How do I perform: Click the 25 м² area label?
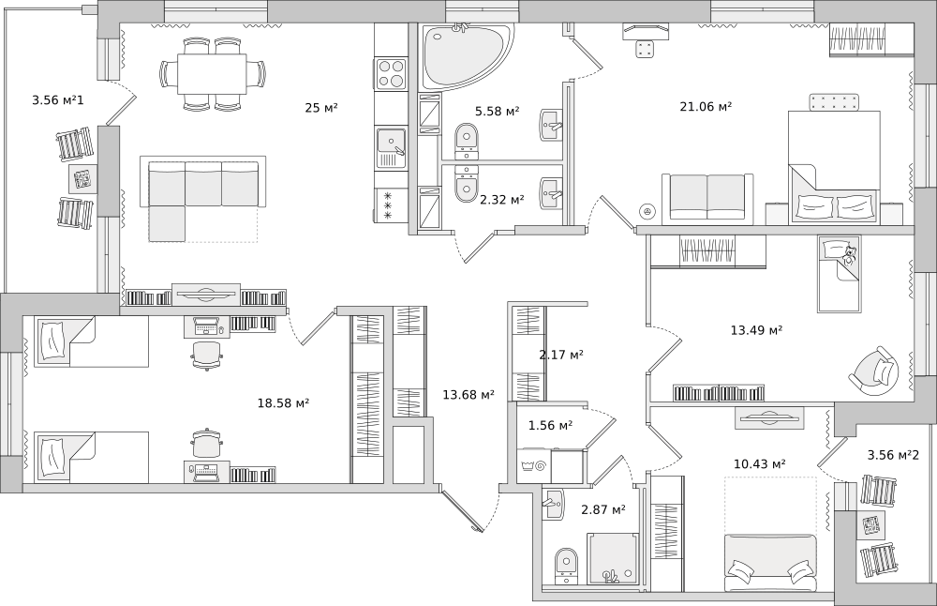tap(321, 108)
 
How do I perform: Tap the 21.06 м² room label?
tap(706, 107)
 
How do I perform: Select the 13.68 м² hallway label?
tap(468, 394)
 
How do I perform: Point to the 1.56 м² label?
tap(550, 425)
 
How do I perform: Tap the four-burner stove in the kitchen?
tap(391, 73)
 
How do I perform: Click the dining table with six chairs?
tap(212, 73)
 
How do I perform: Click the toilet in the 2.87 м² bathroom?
tap(565, 566)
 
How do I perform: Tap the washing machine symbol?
tap(534, 465)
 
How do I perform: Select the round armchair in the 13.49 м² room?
tap(873, 371)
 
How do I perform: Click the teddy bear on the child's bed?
tap(849, 255)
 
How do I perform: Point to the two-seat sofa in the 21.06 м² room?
tap(706, 197)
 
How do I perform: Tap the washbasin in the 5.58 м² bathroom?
tap(552, 125)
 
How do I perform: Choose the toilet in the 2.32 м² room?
tap(467, 184)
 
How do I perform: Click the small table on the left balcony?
tap(81, 178)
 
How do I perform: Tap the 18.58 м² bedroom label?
tap(283, 403)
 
